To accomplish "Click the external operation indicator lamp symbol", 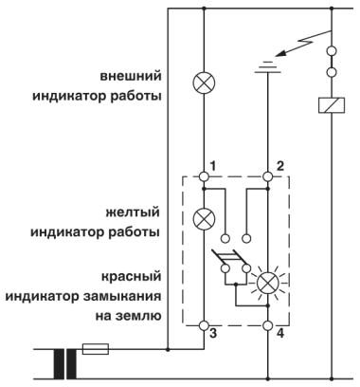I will pyautogui.click(x=204, y=83).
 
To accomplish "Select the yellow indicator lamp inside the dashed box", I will pyautogui.click(x=204, y=217).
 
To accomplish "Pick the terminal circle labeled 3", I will pyautogui.click(x=204, y=326).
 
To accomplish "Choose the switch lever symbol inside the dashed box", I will pyautogui.click(x=227, y=259).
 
